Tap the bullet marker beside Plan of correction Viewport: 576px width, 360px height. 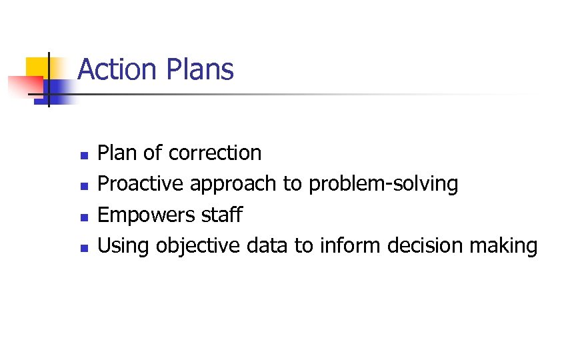pyautogui.click(x=83, y=155)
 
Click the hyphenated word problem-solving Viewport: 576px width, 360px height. pyautogui.click(x=383, y=185)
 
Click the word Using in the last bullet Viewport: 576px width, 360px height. pyautogui.click(x=123, y=247)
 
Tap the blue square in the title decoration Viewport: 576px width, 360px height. pyautogui.click(x=60, y=89)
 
